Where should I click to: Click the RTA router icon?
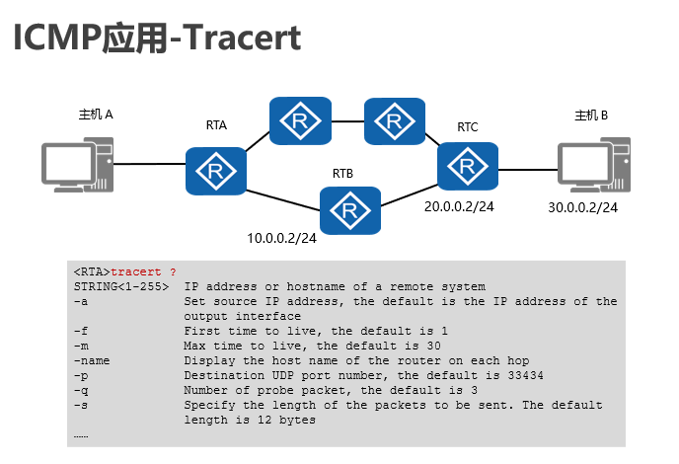(215, 172)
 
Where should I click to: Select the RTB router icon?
(349, 209)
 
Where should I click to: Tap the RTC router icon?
(468, 165)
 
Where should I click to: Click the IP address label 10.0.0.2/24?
(281, 239)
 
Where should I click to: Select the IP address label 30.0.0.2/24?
(583, 207)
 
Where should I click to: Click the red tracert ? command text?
(144, 271)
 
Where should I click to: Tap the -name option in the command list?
(91, 360)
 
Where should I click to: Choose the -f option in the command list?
(80, 331)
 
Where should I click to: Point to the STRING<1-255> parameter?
(120, 286)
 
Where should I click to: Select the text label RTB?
(343, 174)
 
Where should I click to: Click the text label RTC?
(468, 127)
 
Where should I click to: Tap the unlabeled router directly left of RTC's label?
(394, 121)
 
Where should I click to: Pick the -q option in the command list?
(80, 390)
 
